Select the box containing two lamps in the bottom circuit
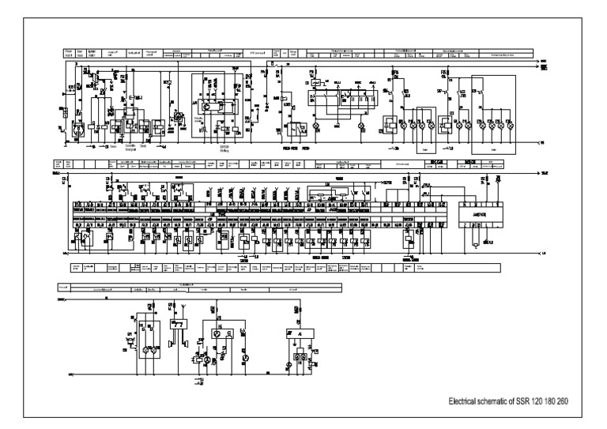tap(147, 340)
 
